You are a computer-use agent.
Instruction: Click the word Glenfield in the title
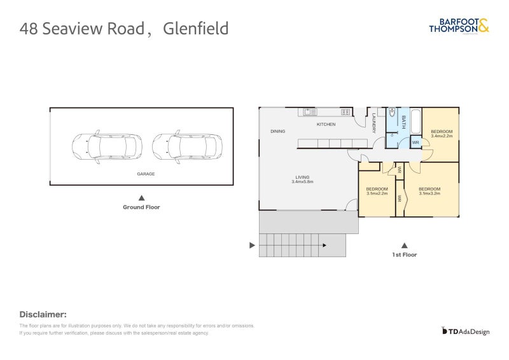click(x=196, y=29)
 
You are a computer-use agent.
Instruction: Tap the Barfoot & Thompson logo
click(x=459, y=25)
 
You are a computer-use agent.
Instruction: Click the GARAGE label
click(x=146, y=174)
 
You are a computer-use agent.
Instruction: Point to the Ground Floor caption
click(x=141, y=207)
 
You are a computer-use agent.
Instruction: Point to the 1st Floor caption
click(x=404, y=254)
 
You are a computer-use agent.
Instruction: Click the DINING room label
click(x=277, y=132)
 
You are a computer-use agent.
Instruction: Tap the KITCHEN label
click(x=326, y=125)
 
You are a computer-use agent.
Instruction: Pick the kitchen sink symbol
click(x=310, y=113)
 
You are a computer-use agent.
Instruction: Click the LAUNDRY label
click(x=375, y=123)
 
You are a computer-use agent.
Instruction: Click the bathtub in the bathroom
click(x=415, y=122)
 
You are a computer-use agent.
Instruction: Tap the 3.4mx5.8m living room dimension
click(x=302, y=182)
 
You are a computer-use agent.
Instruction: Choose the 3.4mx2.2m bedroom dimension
click(x=442, y=136)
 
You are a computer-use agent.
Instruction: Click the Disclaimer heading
click(x=43, y=314)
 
